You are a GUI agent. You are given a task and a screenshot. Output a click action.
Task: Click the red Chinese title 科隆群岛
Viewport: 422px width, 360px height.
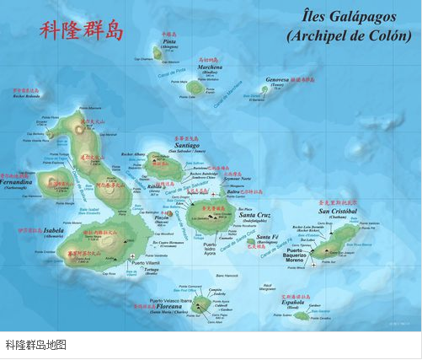(x=82, y=31)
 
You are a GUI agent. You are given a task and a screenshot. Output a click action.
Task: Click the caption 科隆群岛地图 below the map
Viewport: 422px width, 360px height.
(x=35, y=345)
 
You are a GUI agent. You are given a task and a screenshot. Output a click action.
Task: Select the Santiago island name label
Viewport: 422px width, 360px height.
(x=185, y=144)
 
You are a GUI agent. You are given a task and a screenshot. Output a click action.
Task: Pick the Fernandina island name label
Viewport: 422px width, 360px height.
(x=18, y=182)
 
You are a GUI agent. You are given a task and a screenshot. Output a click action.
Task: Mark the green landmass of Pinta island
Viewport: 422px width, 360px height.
(x=158, y=54)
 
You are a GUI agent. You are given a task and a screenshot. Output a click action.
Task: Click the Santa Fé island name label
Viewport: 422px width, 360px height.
(x=268, y=238)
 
